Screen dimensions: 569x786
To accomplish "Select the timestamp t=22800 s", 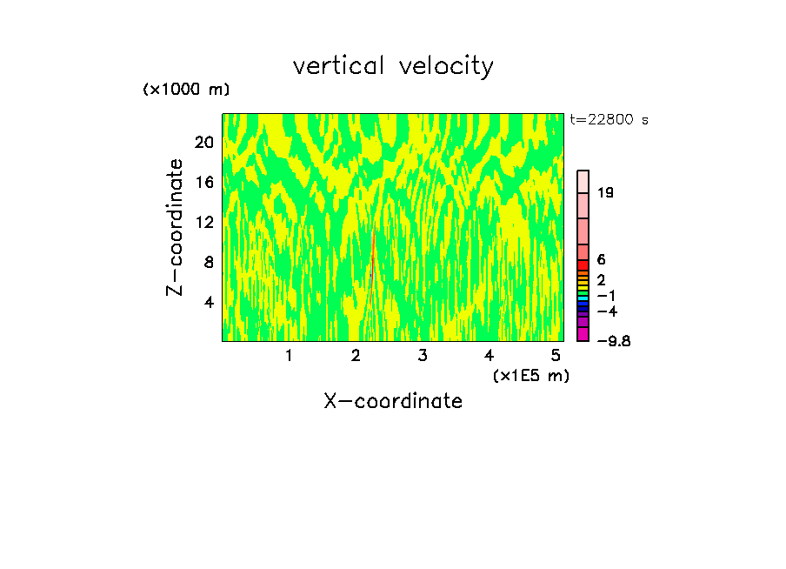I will coord(609,120).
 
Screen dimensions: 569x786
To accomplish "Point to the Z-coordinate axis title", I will coord(176,227).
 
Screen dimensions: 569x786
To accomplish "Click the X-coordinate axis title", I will coord(393,401).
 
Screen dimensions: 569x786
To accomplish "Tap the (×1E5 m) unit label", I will coord(530,375).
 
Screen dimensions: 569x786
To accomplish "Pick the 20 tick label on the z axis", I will coord(204,143).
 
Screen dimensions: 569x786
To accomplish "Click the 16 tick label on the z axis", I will coord(204,183).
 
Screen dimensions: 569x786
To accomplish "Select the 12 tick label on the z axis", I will coord(204,223).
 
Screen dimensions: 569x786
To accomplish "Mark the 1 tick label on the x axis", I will coord(289,356).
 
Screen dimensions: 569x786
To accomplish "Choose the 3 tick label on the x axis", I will coord(422,356).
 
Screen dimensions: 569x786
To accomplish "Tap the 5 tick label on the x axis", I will coord(556,356).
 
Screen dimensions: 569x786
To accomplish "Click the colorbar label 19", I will coord(606,193).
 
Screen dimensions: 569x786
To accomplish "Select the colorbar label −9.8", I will coord(613,341).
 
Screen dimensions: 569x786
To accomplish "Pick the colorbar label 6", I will coord(601,259).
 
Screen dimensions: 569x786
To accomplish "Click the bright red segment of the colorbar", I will coord(583,264).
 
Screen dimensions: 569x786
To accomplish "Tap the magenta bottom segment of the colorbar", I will coord(583,335).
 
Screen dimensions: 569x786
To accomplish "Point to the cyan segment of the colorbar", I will coord(583,298).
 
